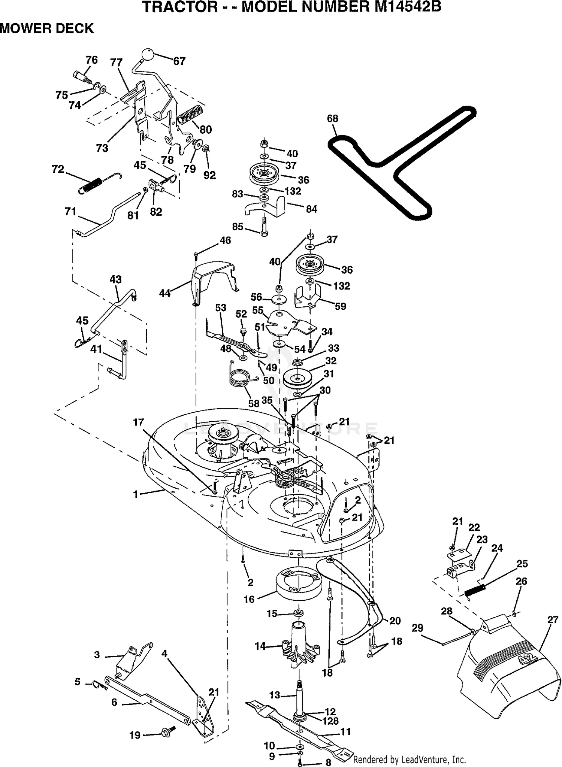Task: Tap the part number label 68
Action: point(332,118)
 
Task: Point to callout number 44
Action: point(165,293)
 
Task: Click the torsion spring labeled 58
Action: point(242,376)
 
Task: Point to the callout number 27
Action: point(553,619)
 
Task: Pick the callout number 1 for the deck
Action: point(136,494)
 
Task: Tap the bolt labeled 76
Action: point(83,77)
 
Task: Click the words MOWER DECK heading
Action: point(47,28)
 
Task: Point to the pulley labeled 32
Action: point(297,379)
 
